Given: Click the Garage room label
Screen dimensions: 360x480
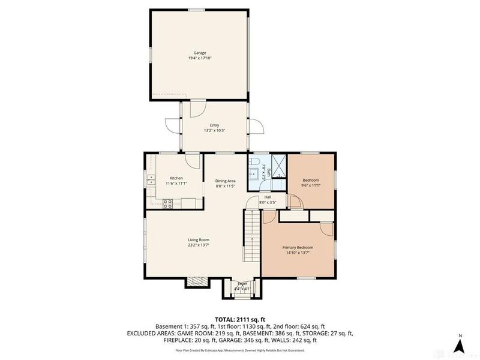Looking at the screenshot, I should tap(200, 53).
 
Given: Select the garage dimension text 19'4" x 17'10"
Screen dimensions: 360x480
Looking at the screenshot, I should tap(200, 58).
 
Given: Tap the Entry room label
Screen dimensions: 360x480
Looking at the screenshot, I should tap(214, 125).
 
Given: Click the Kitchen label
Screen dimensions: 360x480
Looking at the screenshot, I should tap(176, 178).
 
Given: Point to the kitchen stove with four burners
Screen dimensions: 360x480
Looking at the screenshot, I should tap(167, 203).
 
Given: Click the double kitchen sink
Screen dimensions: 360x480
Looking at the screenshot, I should tap(152, 178).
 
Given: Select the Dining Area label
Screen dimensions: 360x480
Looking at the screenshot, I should tap(226, 181).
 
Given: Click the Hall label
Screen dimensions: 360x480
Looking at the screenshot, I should tap(268, 197).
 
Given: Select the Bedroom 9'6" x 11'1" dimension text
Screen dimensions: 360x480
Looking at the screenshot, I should tap(310, 185).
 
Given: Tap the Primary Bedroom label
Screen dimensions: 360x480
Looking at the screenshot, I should tap(298, 247).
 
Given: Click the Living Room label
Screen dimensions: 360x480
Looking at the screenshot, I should tap(198, 240).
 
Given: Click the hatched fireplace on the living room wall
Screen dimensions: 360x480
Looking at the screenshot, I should tap(196, 280).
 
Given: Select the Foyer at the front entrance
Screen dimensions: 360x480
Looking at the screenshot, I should tap(242, 286).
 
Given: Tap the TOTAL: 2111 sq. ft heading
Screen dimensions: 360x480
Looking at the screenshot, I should tap(240, 319).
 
